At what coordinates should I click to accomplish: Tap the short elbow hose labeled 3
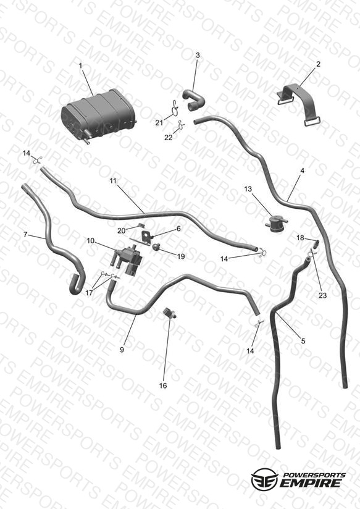point(193,100)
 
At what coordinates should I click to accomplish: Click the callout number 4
point(302,170)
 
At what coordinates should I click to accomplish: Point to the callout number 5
point(303,341)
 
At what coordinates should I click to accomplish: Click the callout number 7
point(25,234)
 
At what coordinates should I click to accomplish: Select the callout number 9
point(122,350)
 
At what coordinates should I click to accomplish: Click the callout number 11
point(112,181)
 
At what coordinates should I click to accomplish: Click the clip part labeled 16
point(170,313)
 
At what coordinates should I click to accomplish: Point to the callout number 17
point(89,292)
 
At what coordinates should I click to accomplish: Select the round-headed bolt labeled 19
point(157,247)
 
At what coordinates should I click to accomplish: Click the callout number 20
point(122,230)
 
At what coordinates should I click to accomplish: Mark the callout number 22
point(168,138)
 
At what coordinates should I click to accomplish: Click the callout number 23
point(322,295)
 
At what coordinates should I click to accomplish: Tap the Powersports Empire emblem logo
point(264,479)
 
